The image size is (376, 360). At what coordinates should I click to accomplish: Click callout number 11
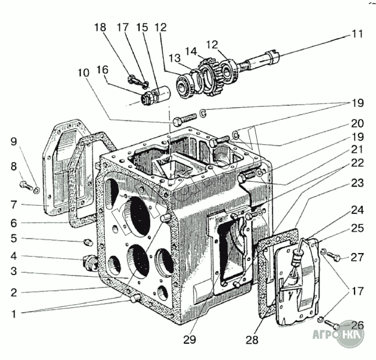click(x=356, y=34)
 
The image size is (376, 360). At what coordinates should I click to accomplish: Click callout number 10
click(x=83, y=73)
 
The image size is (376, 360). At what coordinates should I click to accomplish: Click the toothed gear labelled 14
click(x=211, y=73)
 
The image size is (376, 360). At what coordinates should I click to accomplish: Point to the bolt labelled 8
click(x=24, y=186)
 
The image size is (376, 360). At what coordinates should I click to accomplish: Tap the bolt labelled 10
click(x=181, y=122)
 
